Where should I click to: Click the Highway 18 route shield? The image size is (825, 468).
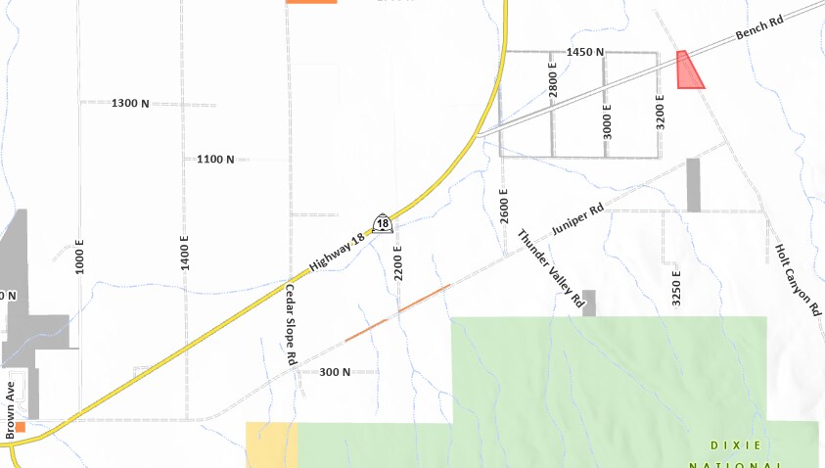coord(383,224)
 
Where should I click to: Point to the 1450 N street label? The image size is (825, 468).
coord(585,51)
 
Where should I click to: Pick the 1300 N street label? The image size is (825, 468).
coord(130,103)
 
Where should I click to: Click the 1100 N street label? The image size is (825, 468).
coord(215,159)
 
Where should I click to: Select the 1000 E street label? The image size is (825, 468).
coord(80,255)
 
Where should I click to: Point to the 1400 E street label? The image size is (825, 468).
coord(184,253)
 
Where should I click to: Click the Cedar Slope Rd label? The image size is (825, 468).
coord(290,325)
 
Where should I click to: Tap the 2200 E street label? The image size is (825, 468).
coord(398,261)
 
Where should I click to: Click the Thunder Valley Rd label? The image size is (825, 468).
coord(551,270)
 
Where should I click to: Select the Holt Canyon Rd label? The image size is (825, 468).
coord(799,279)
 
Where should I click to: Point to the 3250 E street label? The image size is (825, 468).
coord(676,288)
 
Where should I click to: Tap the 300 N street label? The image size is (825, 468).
coord(335,372)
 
